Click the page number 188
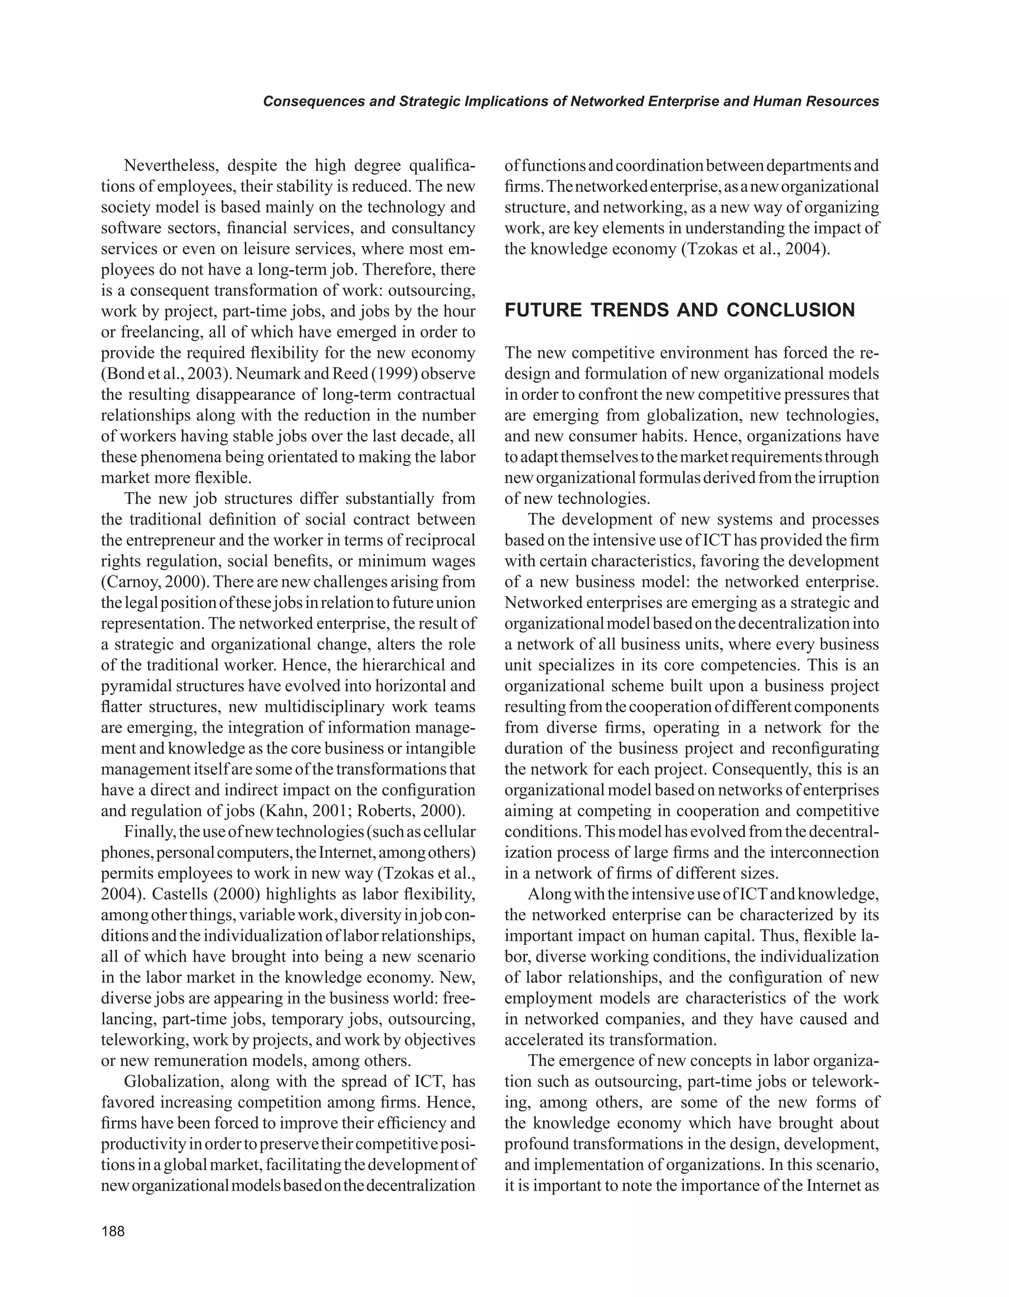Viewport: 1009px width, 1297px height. pyautogui.click(x=113, y=1231)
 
